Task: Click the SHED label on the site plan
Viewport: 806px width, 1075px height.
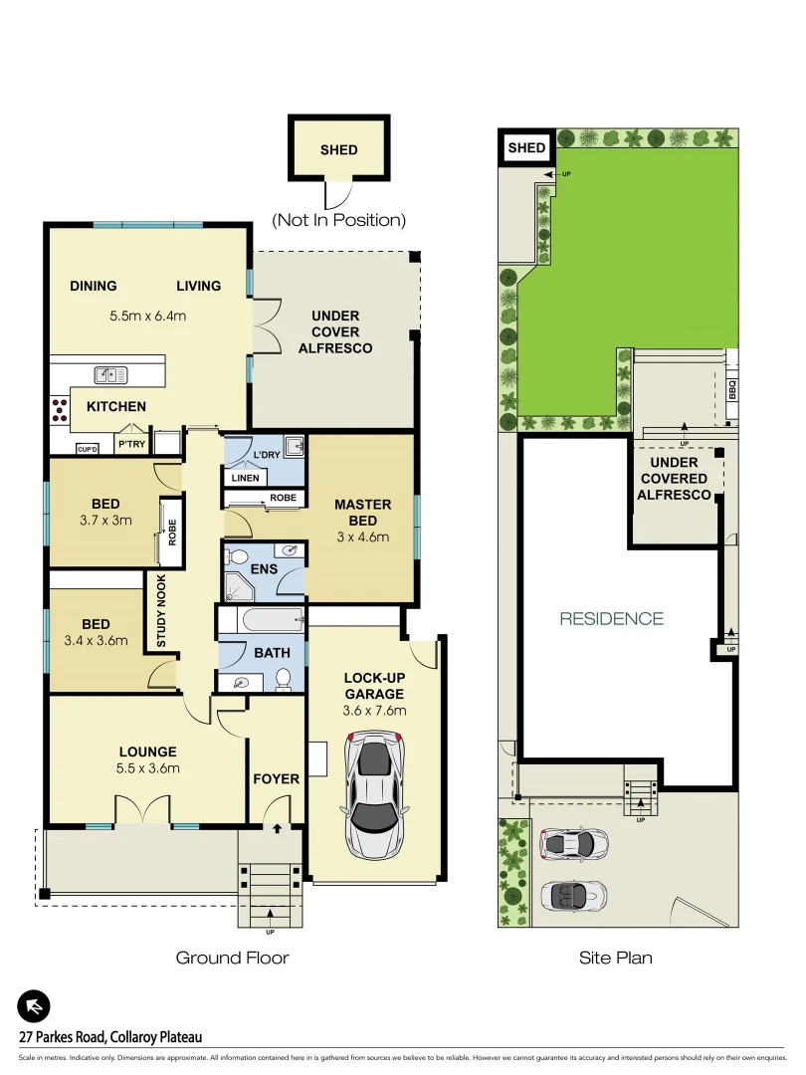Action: [526, 148]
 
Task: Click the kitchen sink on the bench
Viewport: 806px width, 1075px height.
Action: [111, 374]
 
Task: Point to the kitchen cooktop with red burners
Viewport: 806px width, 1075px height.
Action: [58, 409]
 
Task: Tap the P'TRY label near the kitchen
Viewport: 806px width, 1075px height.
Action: [131, 445]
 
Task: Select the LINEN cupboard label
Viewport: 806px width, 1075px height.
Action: [245, 478]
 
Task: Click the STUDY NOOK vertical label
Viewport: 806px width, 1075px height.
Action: [160, 611]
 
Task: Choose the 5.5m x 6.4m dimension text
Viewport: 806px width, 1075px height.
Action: [148, 317]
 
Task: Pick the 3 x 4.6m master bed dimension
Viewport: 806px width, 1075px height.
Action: [362, 537]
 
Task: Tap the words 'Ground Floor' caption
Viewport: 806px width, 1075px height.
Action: [232, 958]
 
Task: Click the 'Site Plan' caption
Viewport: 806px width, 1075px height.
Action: [616, 958]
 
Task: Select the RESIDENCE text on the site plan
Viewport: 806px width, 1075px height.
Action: [611, 618]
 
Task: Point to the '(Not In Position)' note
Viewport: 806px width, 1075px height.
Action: [339, 220]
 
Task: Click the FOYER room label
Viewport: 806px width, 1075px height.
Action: [276, 778]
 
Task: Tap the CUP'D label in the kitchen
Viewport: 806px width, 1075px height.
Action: [88, 450]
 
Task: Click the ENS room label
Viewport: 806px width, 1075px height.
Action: [264, 569]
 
